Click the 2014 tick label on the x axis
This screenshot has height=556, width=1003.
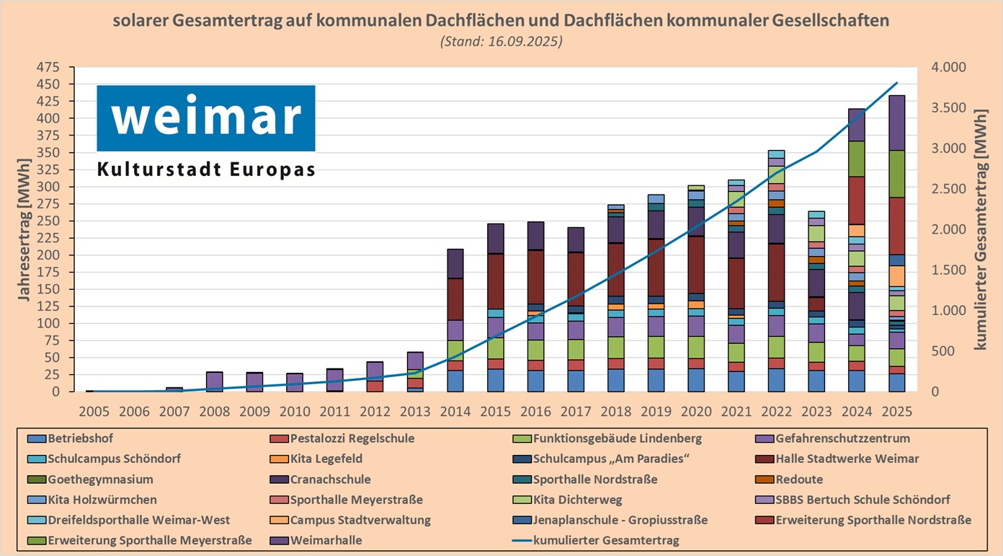[455, 412]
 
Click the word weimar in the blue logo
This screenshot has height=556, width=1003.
[206, 118]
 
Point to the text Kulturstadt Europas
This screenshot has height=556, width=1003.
[206, 170]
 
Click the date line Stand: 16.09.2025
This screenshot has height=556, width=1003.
[501, 41]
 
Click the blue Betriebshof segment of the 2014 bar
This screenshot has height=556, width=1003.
[455, 381]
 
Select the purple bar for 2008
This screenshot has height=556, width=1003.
[214, 381]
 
